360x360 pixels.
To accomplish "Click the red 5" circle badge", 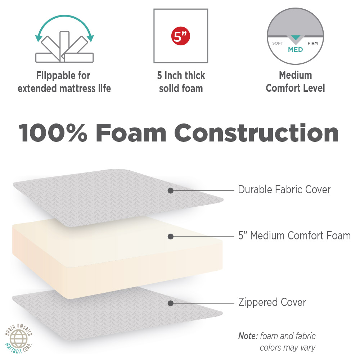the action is pyautogui.click(x=180, y=36).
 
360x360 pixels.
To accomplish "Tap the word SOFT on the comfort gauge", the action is pyautogui.click(x=278, y=43).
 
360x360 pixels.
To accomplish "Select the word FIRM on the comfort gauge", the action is pyautogui.click(x=312, y=43).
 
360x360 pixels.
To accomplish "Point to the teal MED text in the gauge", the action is pyautogui.click(x=295, y=50).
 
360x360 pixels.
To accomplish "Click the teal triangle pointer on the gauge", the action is pyautogui.click(x=296, y=38).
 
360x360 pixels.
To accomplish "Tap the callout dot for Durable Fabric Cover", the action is pyautogui.click(x=170, y=190).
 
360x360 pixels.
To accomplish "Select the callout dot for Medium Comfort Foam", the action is pyautogui.click(x=170, y=237).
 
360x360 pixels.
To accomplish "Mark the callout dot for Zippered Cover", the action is pyautogui.click(x=170, y=303).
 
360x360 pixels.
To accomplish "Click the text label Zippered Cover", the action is pyautogui.click(x=272, y=302).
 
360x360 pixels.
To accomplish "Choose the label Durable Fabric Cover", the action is pyautogui.click(x=284, y=190).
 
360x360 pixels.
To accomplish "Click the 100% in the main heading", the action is pyautogui.click(x=53, y=133).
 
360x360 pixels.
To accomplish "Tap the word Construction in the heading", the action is pyautogui.click(x=256, y=133).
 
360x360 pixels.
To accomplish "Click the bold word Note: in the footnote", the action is pyautogui.click(x=248, y=336).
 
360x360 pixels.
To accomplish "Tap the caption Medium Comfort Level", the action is pyautogui.click(x=295, y=82).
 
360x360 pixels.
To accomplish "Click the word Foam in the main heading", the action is pyautogui.click(x=131, y=133).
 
